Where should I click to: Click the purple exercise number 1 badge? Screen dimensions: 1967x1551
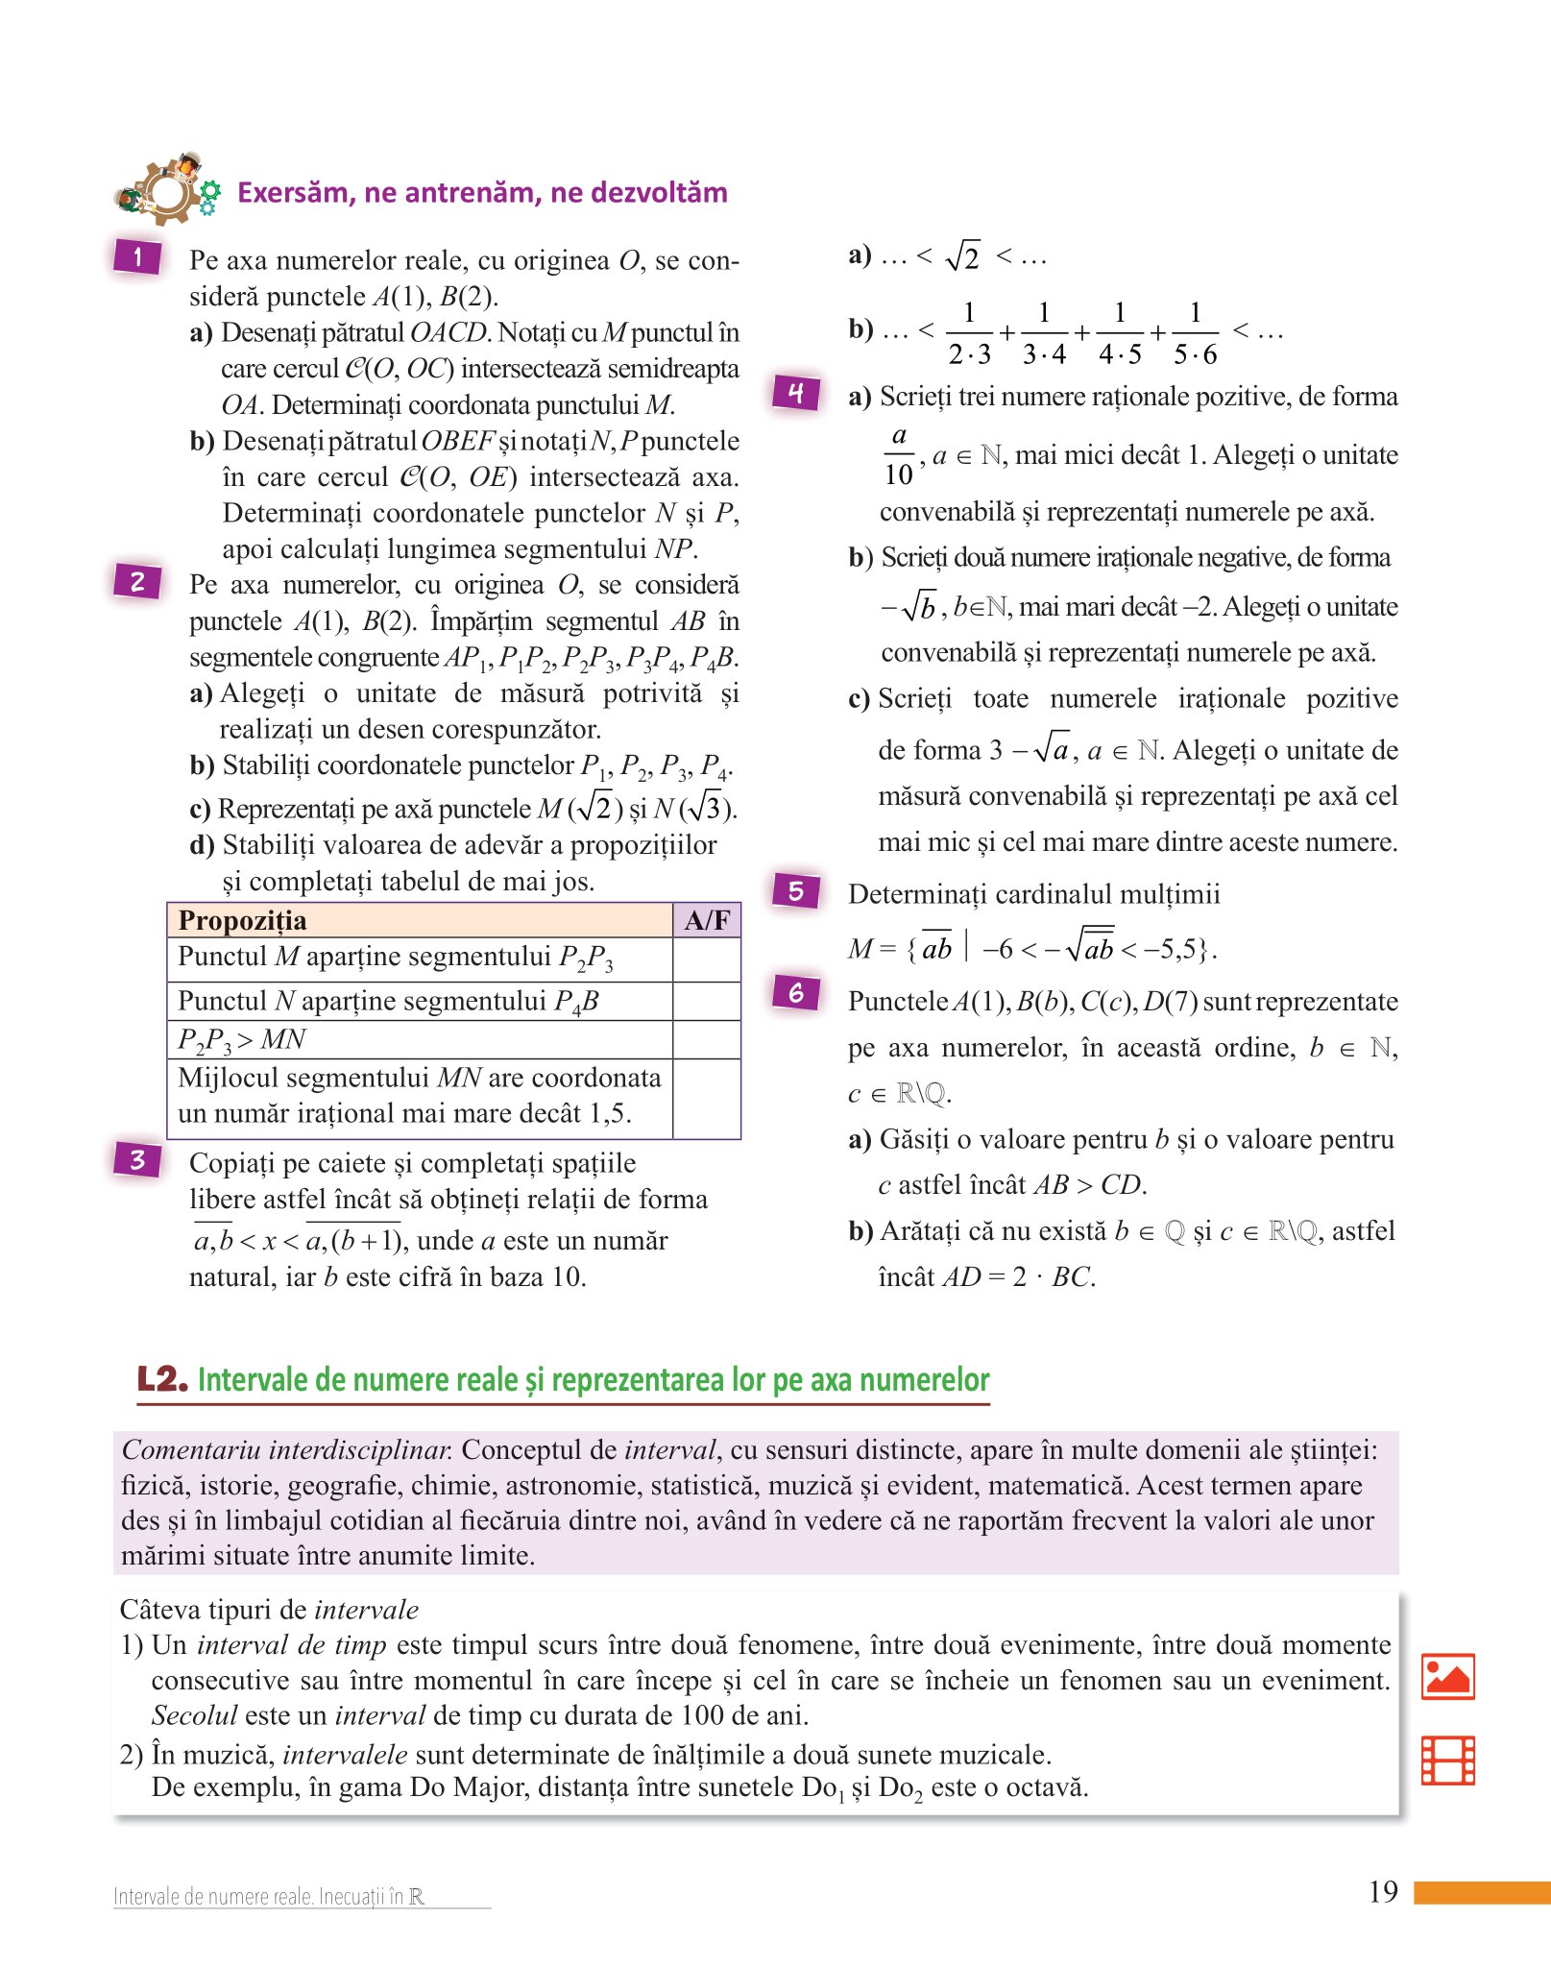137,256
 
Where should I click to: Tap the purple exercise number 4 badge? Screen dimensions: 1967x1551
796,392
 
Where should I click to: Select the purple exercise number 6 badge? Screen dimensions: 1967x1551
796,992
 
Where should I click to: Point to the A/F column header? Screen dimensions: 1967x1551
706,920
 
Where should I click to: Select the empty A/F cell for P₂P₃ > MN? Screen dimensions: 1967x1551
706,1039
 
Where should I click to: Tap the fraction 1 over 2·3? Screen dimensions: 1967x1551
969,333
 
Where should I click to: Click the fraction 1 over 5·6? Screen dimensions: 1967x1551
1195,333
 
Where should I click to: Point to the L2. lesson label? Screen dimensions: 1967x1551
161,1379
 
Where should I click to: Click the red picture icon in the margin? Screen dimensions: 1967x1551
1447,1676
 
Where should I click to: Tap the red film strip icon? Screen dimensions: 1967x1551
1447,1761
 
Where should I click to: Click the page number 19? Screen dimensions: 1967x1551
1383,1892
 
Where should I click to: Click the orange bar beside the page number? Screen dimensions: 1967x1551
1482,1892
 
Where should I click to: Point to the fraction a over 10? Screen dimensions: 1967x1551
899,455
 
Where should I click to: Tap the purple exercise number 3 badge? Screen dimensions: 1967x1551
137,1159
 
